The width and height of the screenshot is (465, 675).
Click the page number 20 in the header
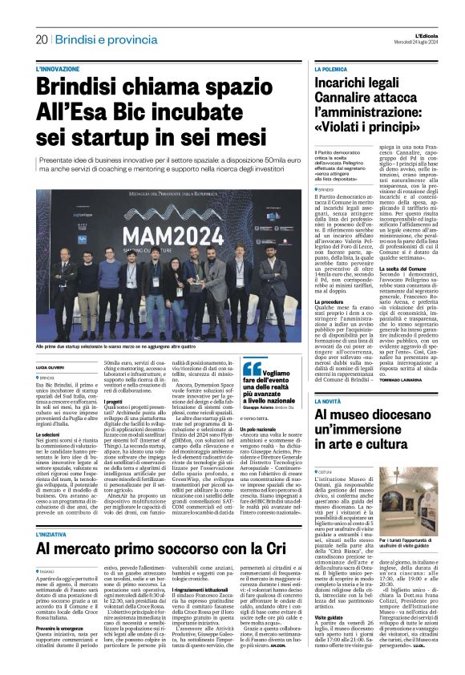pos(41,39)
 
